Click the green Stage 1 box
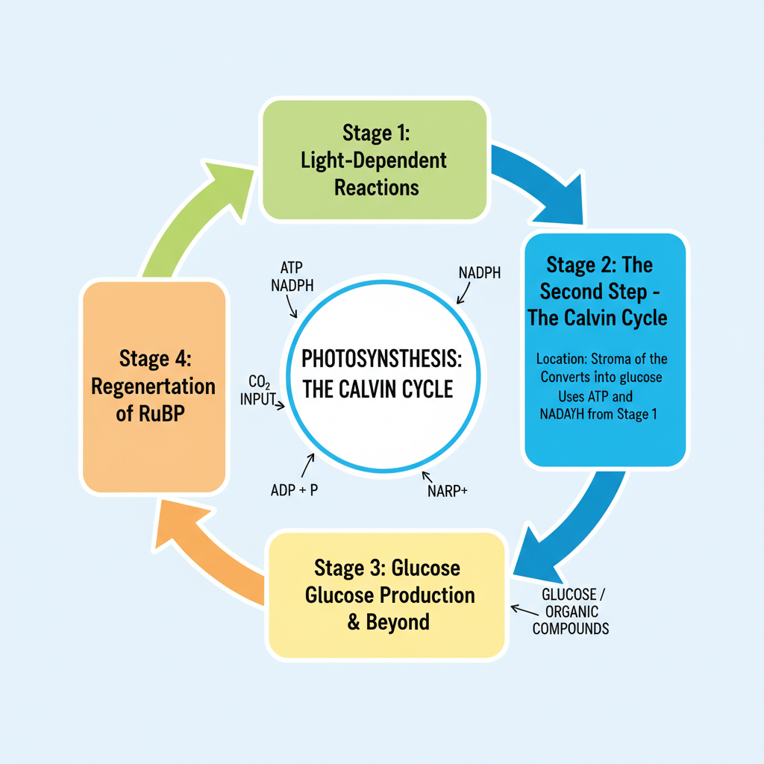point(375,160)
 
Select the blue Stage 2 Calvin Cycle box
point(604,351)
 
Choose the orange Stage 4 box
point(154,386)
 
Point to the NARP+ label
point(447,491)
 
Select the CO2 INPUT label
point(257,390)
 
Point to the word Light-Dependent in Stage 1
point(374,160)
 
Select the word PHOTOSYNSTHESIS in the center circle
point(381,360)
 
